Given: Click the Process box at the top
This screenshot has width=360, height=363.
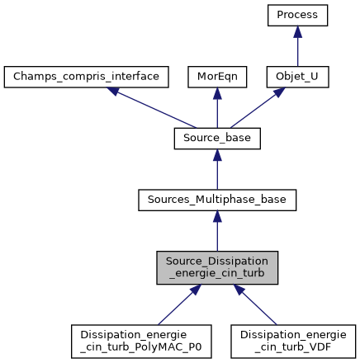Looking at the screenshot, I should click(298, 16).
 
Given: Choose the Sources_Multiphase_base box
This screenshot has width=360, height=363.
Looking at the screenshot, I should click(217, 199).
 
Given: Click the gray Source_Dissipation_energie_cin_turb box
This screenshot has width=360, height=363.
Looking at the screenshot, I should click(217, 268).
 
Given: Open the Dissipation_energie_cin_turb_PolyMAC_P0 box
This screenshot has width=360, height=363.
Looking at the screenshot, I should click(141, 341).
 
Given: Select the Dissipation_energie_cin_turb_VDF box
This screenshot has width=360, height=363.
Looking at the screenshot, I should click(293, 341).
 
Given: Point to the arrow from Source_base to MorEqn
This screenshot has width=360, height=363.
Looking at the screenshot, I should click(217, 107).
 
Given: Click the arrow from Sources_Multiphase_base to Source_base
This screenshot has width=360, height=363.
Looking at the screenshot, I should click(217, 168).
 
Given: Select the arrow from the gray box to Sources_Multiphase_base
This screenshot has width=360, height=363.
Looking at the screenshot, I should click(217, 231).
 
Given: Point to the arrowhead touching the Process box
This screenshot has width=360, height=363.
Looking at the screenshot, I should click(298, 32).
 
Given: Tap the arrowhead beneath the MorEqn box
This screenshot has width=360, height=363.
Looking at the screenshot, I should click(217, 93).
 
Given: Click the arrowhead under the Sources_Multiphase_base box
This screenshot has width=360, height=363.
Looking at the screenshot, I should click(217, 215).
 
